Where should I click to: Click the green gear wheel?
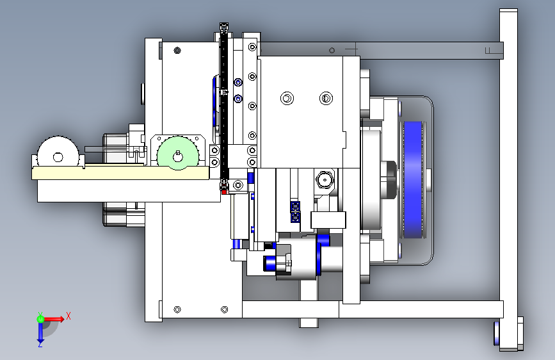point(178,153)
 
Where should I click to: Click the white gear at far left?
point(58,152)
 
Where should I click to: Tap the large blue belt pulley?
point(413,179)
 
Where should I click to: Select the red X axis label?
point(68,316)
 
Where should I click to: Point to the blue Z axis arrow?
point(40,332)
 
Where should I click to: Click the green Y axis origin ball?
point(40,319)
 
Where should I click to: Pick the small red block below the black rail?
point(224,192)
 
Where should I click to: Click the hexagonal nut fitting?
point(325,180)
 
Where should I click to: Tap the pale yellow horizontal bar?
point(120,173)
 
